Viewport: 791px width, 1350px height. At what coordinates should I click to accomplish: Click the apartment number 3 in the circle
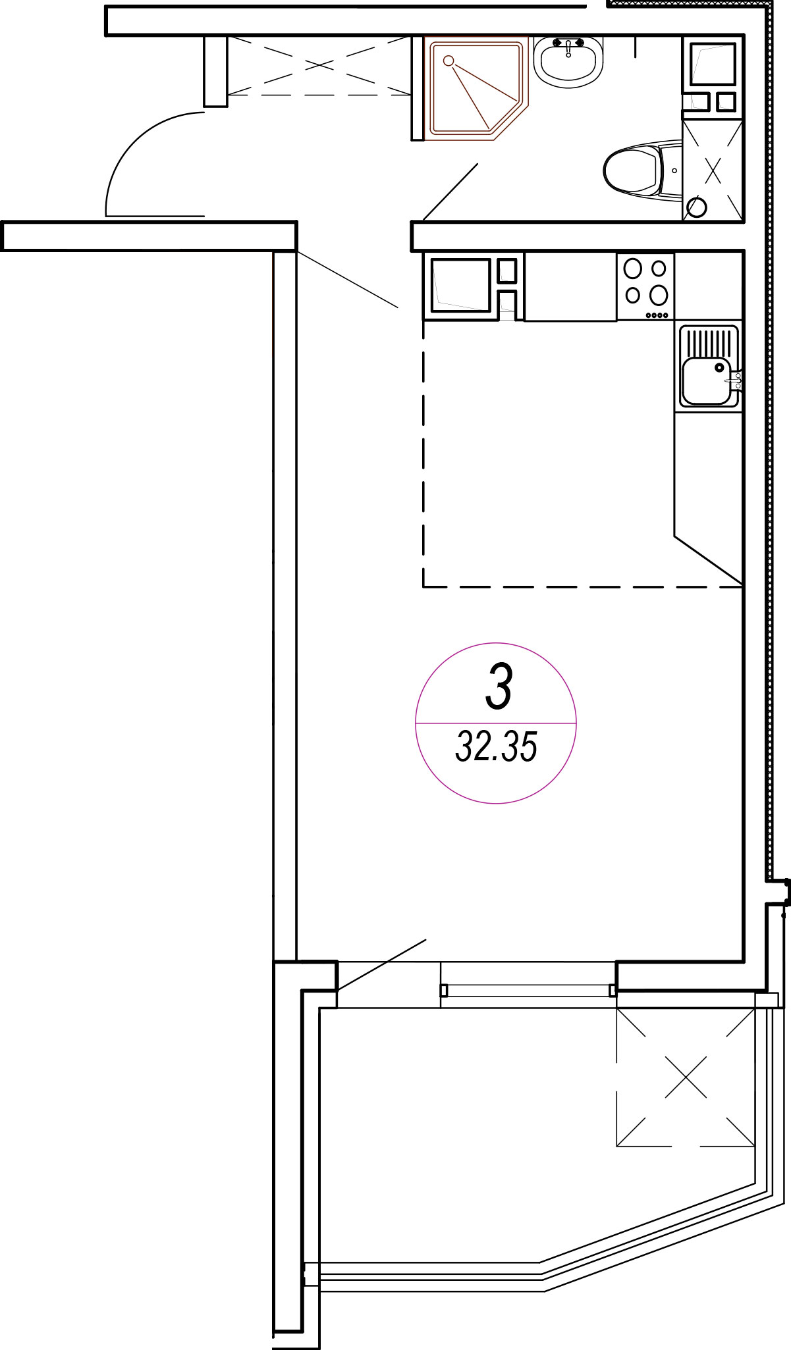499,687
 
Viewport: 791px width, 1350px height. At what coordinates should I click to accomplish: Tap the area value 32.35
496,746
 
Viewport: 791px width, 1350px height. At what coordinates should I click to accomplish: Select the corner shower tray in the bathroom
477,88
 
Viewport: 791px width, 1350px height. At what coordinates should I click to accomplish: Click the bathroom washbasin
568,61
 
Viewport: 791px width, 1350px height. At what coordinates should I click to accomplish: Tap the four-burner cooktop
645,286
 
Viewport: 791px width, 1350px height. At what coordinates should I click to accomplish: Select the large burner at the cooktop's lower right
659,294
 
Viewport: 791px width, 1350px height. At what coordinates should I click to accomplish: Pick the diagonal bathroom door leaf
450,192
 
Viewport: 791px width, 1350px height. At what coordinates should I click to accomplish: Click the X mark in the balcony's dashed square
686,1077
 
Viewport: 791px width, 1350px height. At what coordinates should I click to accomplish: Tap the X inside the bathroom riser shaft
713,170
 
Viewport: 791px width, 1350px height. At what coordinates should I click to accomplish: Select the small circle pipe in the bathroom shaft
697,208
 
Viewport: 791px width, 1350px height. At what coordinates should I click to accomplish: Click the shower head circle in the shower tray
449,61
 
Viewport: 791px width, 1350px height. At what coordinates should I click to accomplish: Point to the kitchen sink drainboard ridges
709,342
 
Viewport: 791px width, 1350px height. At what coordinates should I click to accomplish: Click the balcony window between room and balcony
528,990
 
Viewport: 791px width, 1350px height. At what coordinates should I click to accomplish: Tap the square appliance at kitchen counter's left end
461,285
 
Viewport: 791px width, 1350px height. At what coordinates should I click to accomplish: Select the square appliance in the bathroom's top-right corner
712,64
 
